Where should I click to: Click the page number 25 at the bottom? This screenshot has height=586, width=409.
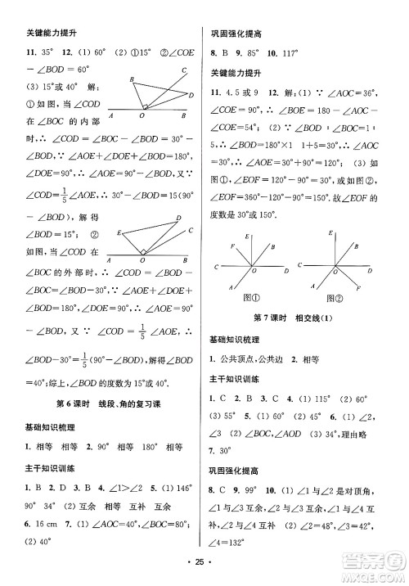pos(204,571)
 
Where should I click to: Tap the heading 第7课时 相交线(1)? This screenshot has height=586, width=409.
pos(305,318)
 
